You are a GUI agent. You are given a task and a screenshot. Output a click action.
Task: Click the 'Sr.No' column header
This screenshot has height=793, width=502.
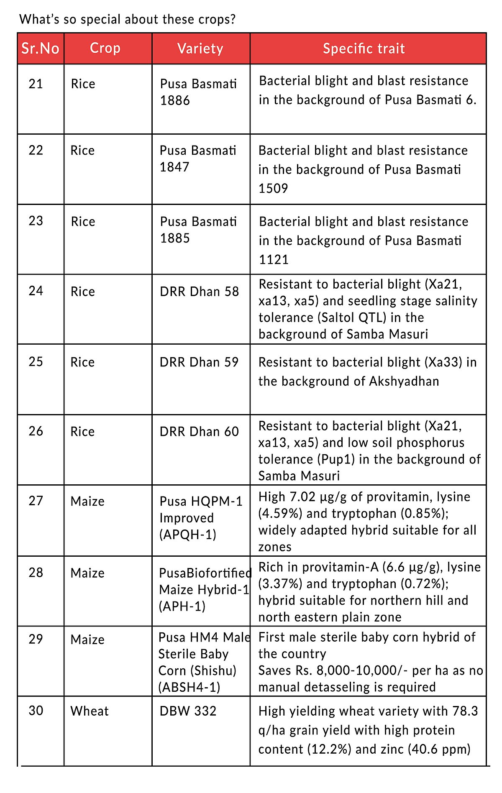[x=40, y=49]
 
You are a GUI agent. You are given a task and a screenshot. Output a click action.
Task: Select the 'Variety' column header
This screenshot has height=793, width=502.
[x=200, y=49]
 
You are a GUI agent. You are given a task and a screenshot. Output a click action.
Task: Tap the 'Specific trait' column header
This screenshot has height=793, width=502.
[x=364, y=49]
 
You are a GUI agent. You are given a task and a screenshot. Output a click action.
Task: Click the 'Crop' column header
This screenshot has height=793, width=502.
[x=105, y=48]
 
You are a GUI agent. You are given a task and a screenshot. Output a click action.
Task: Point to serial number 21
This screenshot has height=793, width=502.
[x=36, y=84]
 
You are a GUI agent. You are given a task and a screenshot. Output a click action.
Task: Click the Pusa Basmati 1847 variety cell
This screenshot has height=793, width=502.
[x=198, y=159]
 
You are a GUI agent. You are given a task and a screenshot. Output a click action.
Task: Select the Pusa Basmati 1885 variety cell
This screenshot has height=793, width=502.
[x=198, y=230]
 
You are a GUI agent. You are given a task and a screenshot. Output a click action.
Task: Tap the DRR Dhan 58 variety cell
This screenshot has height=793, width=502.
[x=199, y=292]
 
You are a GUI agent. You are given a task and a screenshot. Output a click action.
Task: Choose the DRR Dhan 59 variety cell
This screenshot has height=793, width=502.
[x=199, y=362]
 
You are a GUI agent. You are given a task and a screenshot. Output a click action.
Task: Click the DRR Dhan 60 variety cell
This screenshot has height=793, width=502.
[x=199, y=432]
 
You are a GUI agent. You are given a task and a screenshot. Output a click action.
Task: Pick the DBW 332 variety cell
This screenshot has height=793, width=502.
[x=188, y=711]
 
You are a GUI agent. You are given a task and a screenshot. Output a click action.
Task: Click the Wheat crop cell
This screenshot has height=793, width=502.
[x=90, y=711]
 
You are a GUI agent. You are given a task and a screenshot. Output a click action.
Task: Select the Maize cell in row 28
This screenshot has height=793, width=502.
[x=87, y=573]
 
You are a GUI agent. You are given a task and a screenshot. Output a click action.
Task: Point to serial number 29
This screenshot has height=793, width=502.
[x=36, y=639]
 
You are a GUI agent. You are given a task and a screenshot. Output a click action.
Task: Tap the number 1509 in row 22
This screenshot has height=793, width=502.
[x=273, y=189]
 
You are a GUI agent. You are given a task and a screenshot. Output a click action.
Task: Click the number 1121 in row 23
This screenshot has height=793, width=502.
[x=274, y=260]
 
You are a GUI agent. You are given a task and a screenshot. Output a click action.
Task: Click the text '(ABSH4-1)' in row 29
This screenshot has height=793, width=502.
[x=189, y=687]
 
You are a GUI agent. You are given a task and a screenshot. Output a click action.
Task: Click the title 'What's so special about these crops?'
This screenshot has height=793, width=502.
[x=128, y=19]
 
